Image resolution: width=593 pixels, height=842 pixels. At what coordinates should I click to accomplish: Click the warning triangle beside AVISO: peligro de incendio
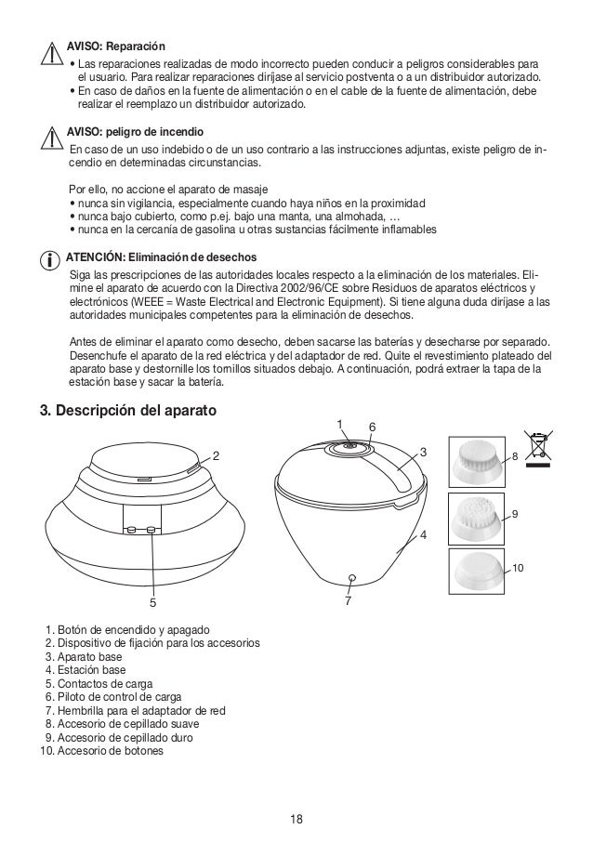pyautogui.click(x=54, y=137)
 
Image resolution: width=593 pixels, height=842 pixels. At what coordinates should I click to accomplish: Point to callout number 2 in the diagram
pyautogui.click(x=216, y=456)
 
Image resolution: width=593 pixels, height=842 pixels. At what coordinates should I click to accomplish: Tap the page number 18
pyautogui.click(x=296, y=819)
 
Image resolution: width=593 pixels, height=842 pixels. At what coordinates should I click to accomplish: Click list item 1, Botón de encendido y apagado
pyautogui.click(x=127, y=630)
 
